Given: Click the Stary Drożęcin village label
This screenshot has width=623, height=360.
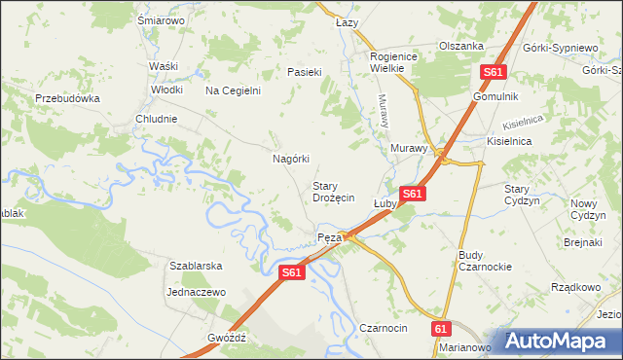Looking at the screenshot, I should (x=332, y=191).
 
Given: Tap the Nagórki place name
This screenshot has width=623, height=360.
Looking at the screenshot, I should (x=290, y=159).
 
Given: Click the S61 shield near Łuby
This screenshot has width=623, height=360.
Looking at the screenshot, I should (x=412, y=195).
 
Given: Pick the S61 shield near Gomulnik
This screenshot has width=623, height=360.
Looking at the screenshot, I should (x=494, y=73).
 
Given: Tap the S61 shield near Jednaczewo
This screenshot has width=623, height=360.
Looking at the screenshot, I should (x=292, y=274).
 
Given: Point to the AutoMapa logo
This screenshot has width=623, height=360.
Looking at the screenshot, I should (x=562, y=341).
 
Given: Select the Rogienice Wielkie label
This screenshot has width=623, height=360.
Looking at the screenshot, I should (x=393, y=62).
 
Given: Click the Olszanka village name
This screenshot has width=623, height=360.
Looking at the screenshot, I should (x=461, y=46).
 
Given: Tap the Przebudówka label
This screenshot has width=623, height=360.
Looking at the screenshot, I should (x=68, y=98).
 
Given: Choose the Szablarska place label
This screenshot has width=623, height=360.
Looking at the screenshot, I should (x=197, y=266).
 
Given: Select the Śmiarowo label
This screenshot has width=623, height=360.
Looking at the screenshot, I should (x=162, y=20).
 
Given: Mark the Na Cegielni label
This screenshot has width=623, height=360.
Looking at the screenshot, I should (x=233, y=91).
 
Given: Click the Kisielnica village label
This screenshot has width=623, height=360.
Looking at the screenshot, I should (x=510, y=140).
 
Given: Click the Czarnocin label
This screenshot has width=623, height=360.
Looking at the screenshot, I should (x=383, y=329).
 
